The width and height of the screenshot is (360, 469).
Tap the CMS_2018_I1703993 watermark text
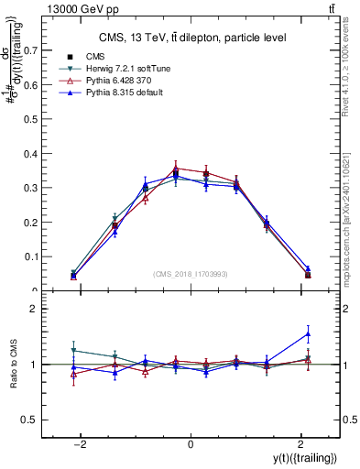(191, 274)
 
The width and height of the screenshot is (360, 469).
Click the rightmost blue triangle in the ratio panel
(308, 333)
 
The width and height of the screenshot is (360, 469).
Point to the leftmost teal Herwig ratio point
(73, 350)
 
